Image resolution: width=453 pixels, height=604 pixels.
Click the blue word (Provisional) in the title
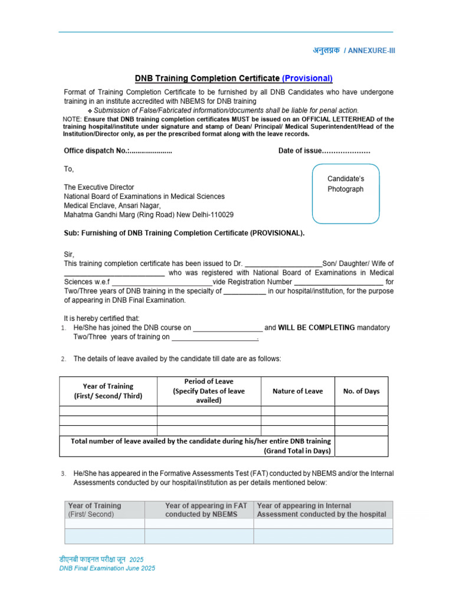[307, 78]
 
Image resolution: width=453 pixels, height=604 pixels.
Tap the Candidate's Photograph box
[346, 193]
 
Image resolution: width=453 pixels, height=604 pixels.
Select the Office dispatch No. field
[150, 151]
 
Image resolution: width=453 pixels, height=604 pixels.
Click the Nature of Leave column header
[298, 391]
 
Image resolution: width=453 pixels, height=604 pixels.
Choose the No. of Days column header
[362, 391]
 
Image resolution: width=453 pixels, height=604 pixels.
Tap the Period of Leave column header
[209, 391]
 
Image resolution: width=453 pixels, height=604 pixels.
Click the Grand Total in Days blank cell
[362, 446]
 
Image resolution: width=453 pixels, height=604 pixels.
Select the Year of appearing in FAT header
[206, 510]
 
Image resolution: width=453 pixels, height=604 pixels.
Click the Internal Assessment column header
[321, 510]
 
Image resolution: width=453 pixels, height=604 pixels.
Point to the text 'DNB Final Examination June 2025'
[107, 568]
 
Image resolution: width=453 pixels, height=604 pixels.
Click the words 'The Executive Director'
[99, 187]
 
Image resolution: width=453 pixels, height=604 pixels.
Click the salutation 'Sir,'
[69, 254]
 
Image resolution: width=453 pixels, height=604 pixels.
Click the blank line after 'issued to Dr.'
[283, 264]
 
